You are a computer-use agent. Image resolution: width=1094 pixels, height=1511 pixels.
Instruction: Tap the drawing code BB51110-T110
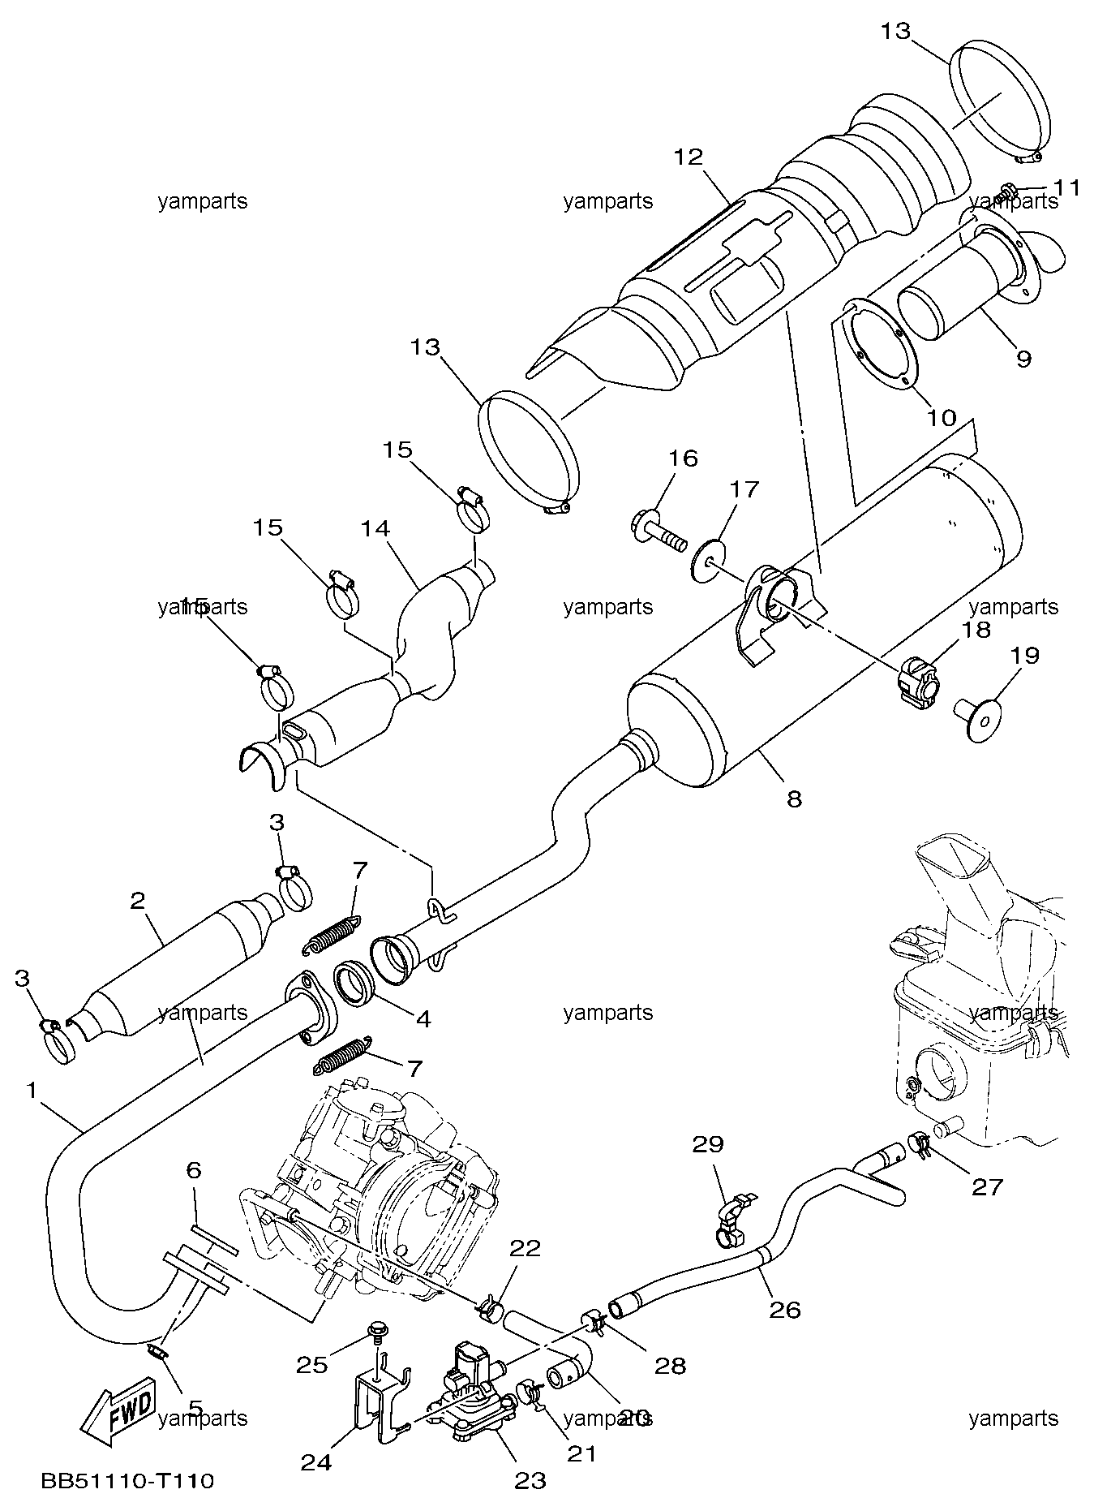tap(128, 1482)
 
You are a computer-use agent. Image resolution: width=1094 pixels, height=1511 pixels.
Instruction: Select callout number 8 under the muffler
tap(794, 799)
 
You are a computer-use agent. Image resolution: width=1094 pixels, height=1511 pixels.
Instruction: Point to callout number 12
tap(688, 156)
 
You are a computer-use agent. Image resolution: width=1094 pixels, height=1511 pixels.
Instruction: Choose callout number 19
tap(1026, 655)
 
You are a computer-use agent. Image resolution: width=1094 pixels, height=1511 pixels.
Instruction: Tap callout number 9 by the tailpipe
tap(1023, 358)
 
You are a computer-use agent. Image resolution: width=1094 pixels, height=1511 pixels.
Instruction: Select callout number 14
tap(375, 529)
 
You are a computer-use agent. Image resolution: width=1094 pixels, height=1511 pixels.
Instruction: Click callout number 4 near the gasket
tap(423, 1018)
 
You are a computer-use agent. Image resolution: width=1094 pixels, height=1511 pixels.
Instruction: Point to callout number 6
tap(193, 1170)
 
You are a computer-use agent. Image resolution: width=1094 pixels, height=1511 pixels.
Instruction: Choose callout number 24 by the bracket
tap(316, 1462)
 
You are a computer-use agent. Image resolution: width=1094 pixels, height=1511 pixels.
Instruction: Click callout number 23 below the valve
tap(530, 1481)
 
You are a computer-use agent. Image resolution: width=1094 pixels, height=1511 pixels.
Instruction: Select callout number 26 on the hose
tap(785, 1310)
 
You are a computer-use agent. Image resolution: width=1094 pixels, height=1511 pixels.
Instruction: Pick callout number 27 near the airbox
tap(988, 1187)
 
